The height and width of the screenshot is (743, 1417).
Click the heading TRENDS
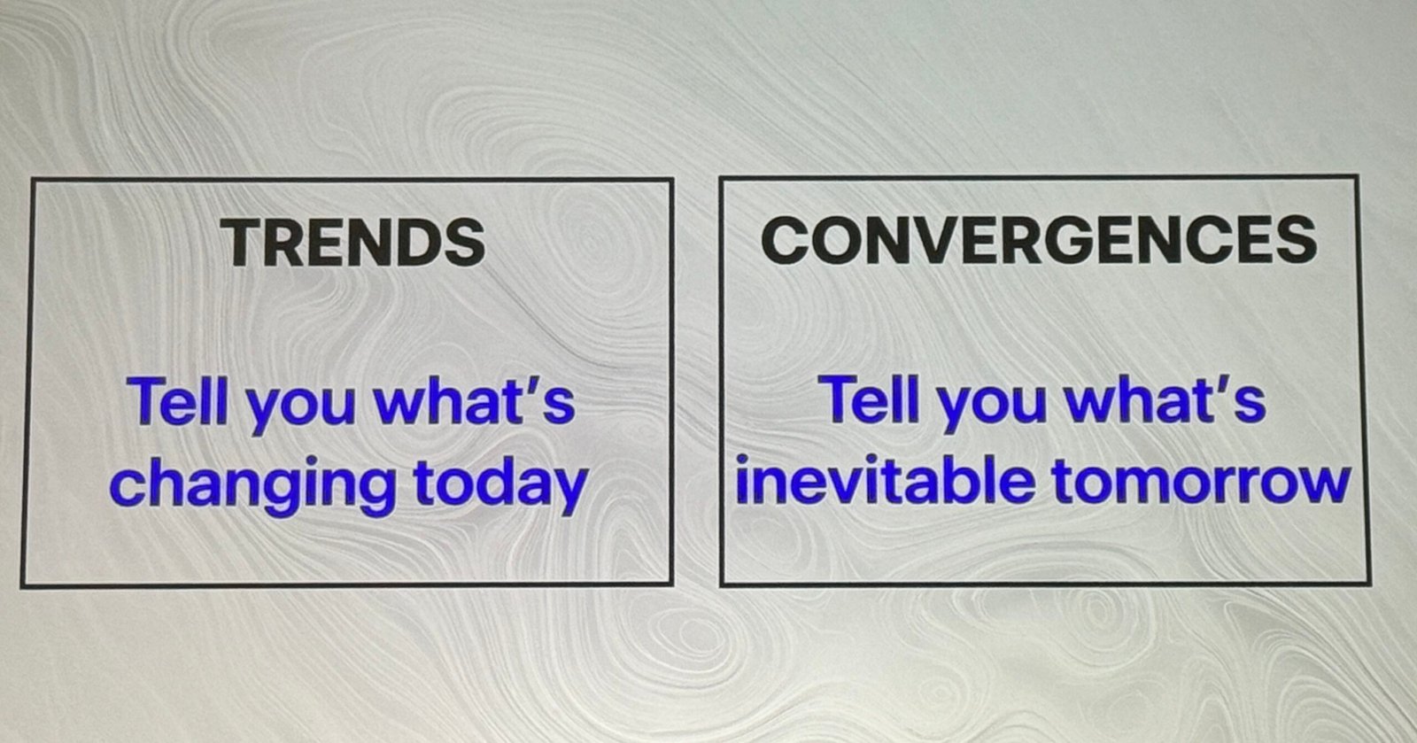(354, 242)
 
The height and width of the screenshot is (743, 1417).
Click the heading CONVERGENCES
(1039, 239)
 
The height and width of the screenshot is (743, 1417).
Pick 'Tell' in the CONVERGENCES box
(869, 399)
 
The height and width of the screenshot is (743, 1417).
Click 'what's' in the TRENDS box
(475, 401)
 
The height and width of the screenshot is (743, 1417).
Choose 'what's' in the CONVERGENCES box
(1165, 399)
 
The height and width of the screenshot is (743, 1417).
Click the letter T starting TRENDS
(247, 243)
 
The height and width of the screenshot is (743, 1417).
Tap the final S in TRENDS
(465, 242)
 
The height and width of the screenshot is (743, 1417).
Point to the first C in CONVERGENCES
(786, 240)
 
